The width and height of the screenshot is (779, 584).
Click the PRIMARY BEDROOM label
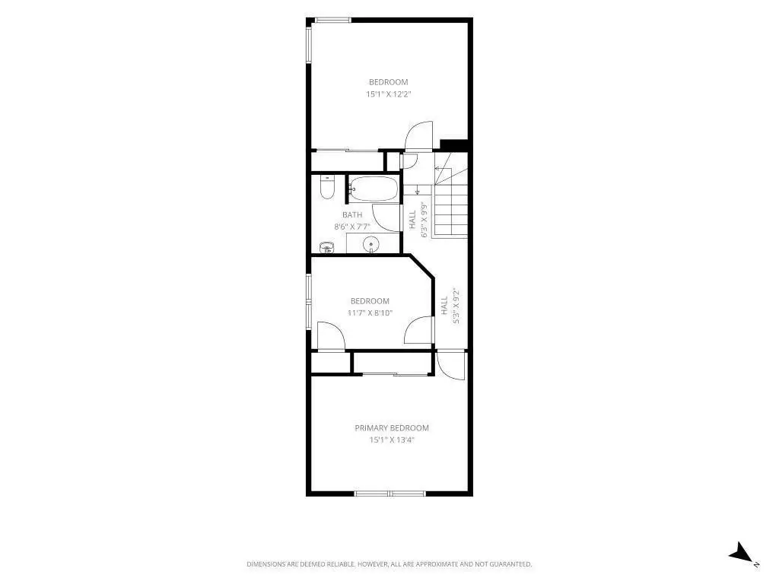(x=392, y=428)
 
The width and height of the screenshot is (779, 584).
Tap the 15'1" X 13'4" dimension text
(x=392, y=440)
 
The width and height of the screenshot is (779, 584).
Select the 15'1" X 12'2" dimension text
(x=389, y=94)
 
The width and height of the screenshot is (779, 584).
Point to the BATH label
(x=352, y=215)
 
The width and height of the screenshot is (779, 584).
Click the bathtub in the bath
(x=374, y=189)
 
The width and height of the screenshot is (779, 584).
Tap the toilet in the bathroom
(x=327, y=187)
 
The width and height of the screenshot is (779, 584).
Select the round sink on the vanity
(x=370, y=244)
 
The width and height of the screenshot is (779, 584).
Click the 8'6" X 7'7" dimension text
(x=352, y=227)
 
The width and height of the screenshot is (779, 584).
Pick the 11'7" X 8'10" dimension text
(x=370, y=313)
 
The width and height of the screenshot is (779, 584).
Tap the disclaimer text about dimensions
(x=389, y=564)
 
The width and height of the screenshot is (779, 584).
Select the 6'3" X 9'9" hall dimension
(x=424, y=220)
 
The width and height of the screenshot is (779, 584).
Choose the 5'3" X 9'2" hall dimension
(x=456, y=307)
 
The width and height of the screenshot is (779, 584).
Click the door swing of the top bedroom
(x=418, y=135)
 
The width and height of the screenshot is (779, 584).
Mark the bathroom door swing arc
(x=386, y=218)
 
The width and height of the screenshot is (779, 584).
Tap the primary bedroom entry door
(x=451, y=365)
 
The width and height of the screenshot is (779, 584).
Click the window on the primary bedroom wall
(x=390, y=494)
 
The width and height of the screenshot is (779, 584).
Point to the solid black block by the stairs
(x=454, y=144)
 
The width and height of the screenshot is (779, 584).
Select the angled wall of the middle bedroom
(x=421, y=267)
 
